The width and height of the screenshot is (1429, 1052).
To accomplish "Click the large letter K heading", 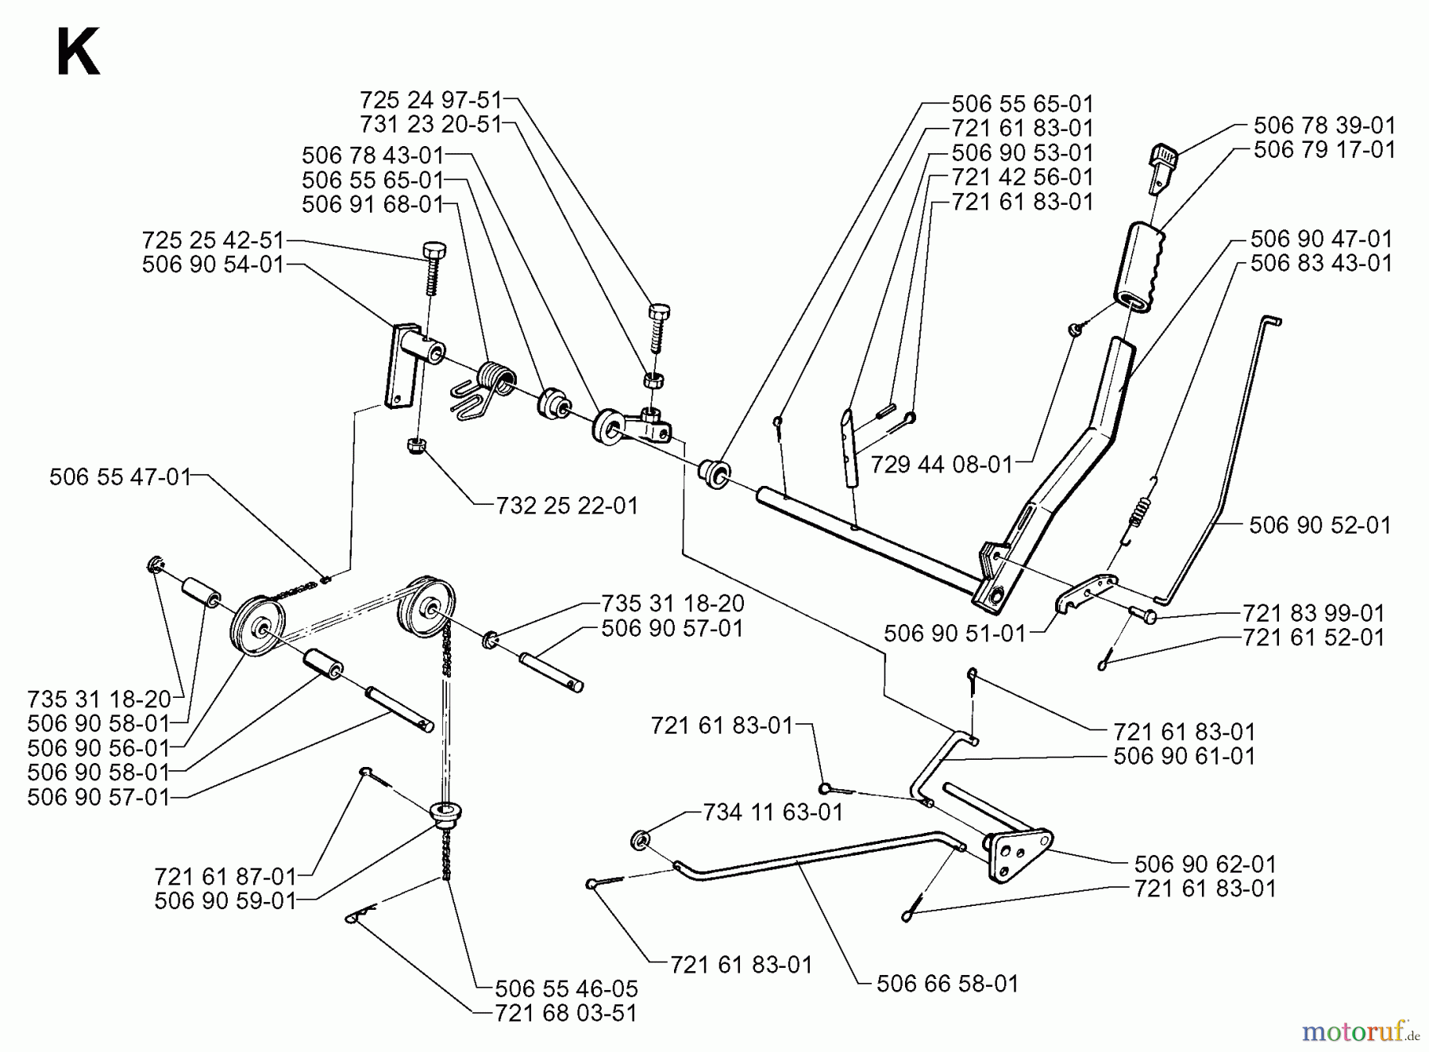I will (78, 53).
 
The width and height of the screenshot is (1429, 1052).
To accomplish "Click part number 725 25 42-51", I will (212, 241).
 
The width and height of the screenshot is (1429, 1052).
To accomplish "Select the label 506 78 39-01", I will (1324, 125).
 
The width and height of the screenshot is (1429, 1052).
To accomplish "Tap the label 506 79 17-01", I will (1324, 149).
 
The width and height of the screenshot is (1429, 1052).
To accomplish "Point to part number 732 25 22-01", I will (567, 505).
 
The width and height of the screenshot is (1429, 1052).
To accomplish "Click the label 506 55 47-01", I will (120, 476).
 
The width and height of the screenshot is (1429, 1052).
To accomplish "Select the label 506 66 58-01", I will (947, 984).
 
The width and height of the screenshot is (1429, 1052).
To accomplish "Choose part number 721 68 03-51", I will (566, 1014).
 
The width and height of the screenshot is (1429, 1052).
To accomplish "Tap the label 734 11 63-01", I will (772, 812).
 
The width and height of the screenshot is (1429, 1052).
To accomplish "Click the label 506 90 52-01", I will (1319, 525).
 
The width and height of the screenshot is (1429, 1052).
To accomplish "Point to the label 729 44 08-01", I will (942, 464).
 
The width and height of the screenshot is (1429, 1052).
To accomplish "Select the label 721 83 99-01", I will (1313, 613).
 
